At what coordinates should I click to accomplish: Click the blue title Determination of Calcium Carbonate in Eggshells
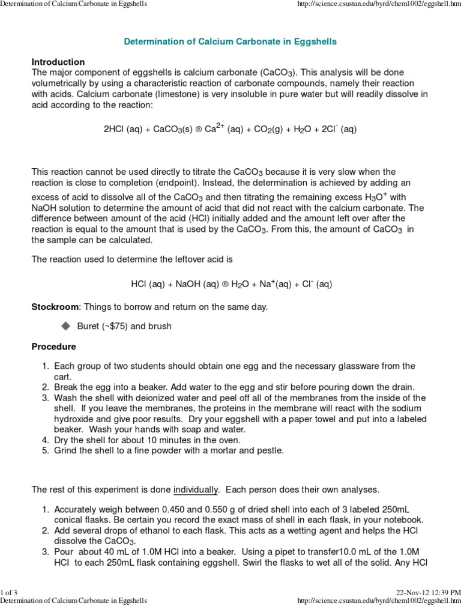coord(230,42)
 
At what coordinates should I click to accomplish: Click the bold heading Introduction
coord(58,62)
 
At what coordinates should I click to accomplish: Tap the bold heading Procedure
coord(54,347)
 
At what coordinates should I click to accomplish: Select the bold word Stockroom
coord(55,307)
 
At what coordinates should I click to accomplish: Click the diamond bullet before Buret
coord(65,326)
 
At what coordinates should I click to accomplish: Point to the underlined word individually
coord(195,490)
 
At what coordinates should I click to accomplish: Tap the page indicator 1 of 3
coord(9,595)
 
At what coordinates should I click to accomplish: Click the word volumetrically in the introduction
coord(62,83)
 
